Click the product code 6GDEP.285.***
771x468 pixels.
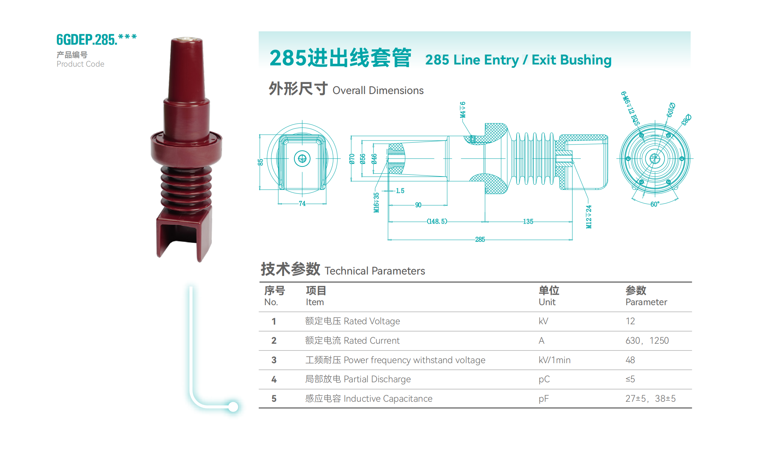pos(97,39)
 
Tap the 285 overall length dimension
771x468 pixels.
pos(480,240)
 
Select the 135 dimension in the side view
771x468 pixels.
pos(528,222)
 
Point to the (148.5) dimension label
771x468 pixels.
pos(437,222)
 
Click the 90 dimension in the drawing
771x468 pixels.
pos(418,205)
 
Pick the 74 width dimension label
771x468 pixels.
pos(302,204)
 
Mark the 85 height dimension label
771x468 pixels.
pos(260,162)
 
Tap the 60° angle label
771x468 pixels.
pos(655,204)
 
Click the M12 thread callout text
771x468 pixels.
pos(589,217)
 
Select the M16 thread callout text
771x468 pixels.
pos(376,202)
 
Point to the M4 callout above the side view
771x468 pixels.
pos(463,110)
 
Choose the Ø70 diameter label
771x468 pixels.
pos(352,159)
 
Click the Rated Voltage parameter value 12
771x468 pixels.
pos(630,321)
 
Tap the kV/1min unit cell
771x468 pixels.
pos(554,360)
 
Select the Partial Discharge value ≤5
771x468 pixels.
pos(630,379)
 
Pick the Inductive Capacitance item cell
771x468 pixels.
pos(369,398)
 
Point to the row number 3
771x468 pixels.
pos(274,360)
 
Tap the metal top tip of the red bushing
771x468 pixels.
pos(186,39)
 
